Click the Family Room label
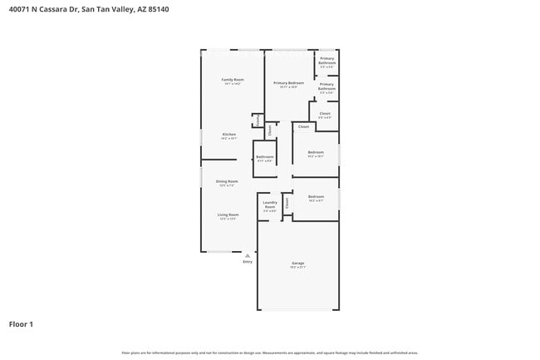coord(233,80)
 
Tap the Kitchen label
coord(228,134)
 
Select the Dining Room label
coord(228,181)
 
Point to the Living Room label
coord(228,215)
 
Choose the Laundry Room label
coord(270,205)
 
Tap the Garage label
coord(297,263)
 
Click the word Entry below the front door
coord(247,262)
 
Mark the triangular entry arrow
coord(247,255)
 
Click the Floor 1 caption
coord(21,323)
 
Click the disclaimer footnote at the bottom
coord(270,353)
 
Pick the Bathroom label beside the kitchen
coord(265,156)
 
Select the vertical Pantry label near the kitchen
coord(258,121)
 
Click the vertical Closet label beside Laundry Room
coord(287,202)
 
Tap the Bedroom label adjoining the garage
coord(316,197)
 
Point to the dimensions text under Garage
coord(297,267)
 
